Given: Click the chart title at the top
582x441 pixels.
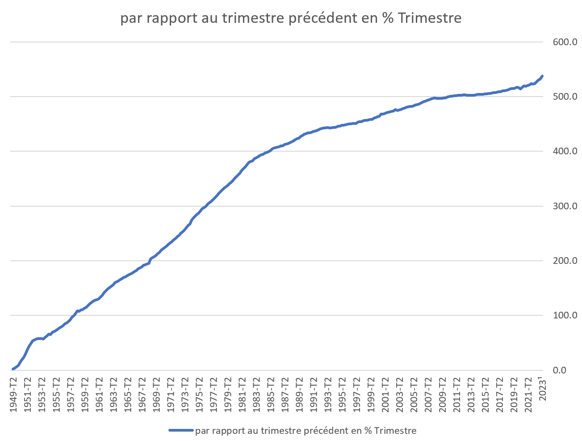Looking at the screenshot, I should [290, 18].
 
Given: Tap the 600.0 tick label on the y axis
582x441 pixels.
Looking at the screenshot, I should [565, 42].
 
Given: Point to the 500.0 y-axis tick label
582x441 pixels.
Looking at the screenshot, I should [565, 97].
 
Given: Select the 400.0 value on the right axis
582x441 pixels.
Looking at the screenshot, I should [565, 151].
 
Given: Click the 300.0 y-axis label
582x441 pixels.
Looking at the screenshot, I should [565, 206].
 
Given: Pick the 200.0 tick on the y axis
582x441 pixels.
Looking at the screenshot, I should [565, 261].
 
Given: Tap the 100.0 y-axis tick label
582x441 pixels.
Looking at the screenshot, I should [565, 315].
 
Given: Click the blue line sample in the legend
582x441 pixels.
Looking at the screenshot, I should [181, 431].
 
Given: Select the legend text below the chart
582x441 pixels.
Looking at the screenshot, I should [306, 431].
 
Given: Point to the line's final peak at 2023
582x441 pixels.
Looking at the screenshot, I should [542, 76].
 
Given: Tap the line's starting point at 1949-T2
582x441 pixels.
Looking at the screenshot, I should [13, 369].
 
